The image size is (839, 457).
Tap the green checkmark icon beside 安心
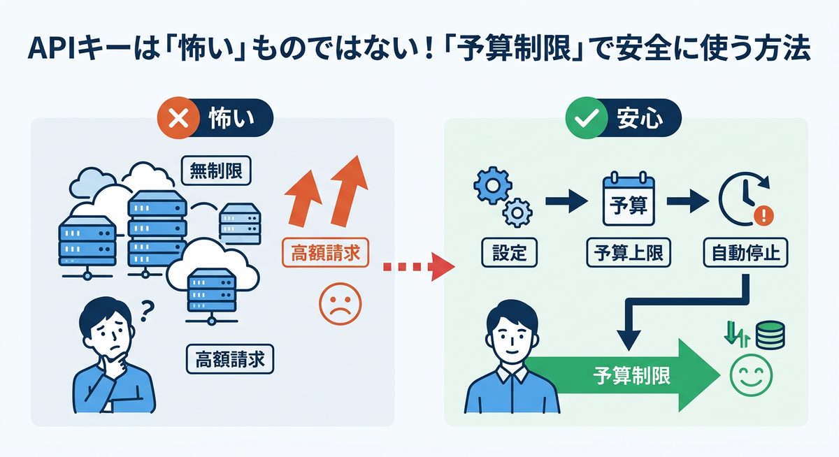tap(584, 119)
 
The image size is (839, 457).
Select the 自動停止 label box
tap(745, 253)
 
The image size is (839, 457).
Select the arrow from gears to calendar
tap(564, 202)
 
